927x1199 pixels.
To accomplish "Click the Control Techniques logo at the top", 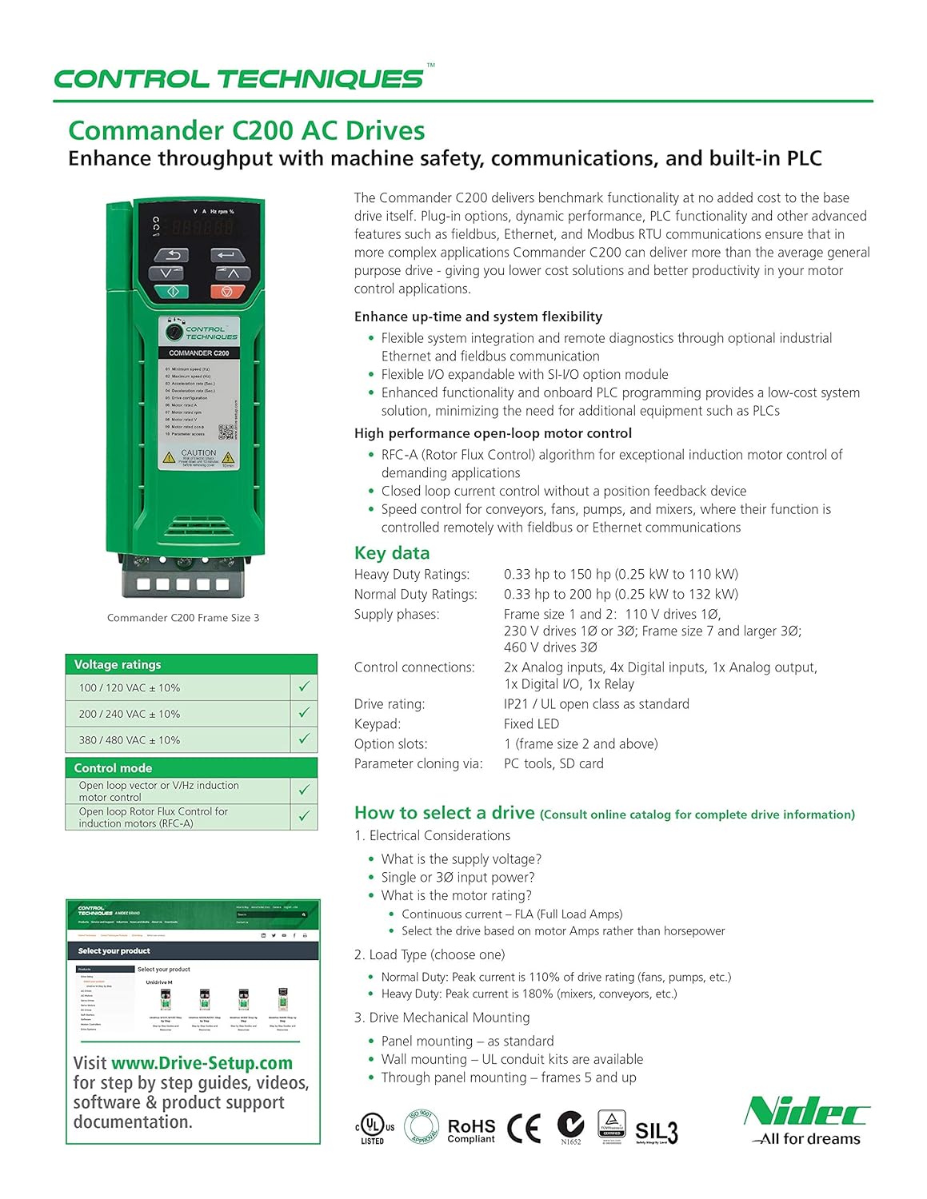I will (x=238, y=79).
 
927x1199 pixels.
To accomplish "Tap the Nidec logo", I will (x=806, y=1121).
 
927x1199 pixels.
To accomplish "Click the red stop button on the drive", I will (x=227, y=292).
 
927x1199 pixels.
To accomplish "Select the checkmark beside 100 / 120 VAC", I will (x=304, y=687).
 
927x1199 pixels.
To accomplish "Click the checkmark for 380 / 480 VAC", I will (x=304, y=739).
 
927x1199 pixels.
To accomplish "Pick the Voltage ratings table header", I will (x=118, y=664).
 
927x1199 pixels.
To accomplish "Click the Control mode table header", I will (x=113, y=767).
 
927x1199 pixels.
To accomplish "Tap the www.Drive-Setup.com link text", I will (x=202, y=1062).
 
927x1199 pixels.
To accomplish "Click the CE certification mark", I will (x=524, y=1128).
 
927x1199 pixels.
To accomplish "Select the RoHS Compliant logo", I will (x=471, y=1129).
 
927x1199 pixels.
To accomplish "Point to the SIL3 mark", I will (x=656, y=1131).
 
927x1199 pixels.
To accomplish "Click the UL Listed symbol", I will (x=373, y=1127).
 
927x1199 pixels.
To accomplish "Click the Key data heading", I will (x=392, y=553).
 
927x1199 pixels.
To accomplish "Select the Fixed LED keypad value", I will (x=531, y=723).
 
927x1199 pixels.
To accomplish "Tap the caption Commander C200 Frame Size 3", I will (x=183, y=617).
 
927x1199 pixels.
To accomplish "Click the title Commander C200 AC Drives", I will (x=246, y=130).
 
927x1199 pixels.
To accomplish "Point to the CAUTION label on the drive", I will (x=198, y=453).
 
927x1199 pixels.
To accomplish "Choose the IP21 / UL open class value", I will (x=596, y=703).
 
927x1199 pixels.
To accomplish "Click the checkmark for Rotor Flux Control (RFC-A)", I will (x=304, y=816).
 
